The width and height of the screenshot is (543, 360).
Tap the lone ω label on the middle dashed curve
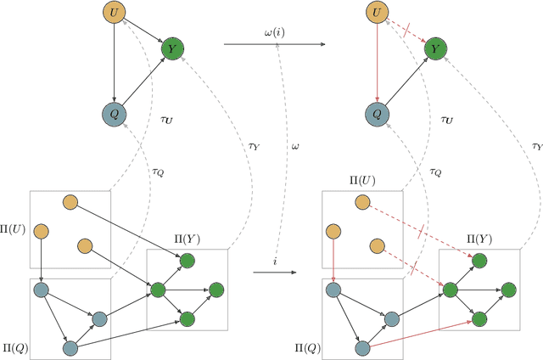click(296, 146)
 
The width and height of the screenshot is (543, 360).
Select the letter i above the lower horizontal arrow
click(275, 262)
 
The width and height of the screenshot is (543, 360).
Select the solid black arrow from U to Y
click(142, 31)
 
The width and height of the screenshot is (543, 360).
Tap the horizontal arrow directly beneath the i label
click(275, 273)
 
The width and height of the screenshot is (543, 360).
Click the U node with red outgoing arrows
click(374, 13)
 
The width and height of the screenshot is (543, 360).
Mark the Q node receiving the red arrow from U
click(374, 115)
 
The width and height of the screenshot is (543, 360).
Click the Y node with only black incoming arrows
click(172, 48)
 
